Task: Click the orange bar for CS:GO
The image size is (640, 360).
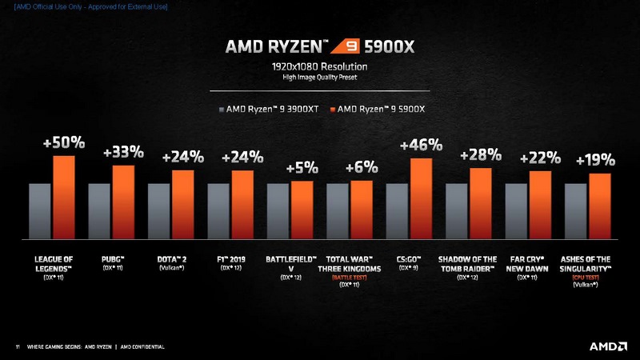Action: click(x=421, y=198)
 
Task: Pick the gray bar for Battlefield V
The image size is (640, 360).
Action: click(x=278, y=211)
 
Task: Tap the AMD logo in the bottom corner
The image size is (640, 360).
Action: click(x=607, y=346)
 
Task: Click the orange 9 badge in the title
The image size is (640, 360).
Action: click(x=349, y=46)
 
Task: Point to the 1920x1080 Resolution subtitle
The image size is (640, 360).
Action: click(x=319, y=67)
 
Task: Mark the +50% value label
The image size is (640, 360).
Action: click(x=64, y=142)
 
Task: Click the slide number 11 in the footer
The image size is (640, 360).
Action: click(x=18, y=346)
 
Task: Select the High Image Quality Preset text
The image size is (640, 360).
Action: click(x=319, y=78)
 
